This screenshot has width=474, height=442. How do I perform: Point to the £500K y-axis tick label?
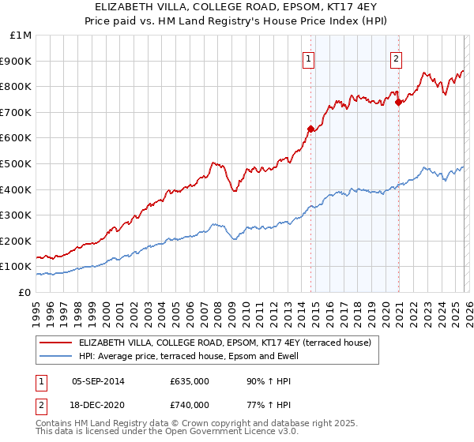click(x=17, y=163)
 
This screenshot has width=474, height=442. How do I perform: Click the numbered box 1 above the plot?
click(x=308, y=58)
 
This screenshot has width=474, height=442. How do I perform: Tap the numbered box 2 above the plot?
click(x=396, y=58)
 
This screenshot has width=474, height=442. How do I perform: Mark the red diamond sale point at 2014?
click(x=310, y=129)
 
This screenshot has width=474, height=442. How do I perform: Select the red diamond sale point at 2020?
click(x=398, y=101)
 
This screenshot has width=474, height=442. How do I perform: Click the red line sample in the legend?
click(x=56, y=343)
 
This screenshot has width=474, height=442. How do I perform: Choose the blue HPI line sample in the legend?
click(x=56, y=356)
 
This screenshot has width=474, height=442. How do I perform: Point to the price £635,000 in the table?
click(x=190, y=381)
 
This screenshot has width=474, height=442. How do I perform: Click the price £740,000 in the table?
click(x=190, y=404)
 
